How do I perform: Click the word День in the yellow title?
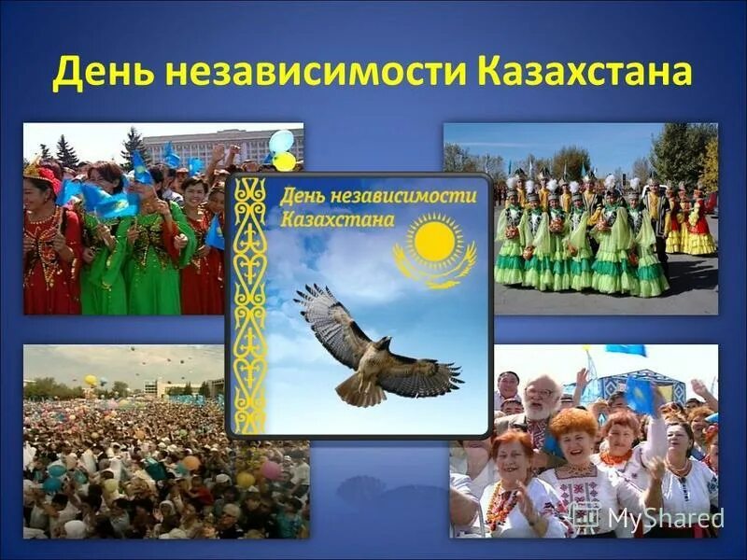[96, 73]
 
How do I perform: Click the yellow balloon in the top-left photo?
[285, 161]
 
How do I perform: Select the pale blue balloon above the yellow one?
[281, 141]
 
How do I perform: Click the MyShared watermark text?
[664, 517]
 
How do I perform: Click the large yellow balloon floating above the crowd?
[91, 381]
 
